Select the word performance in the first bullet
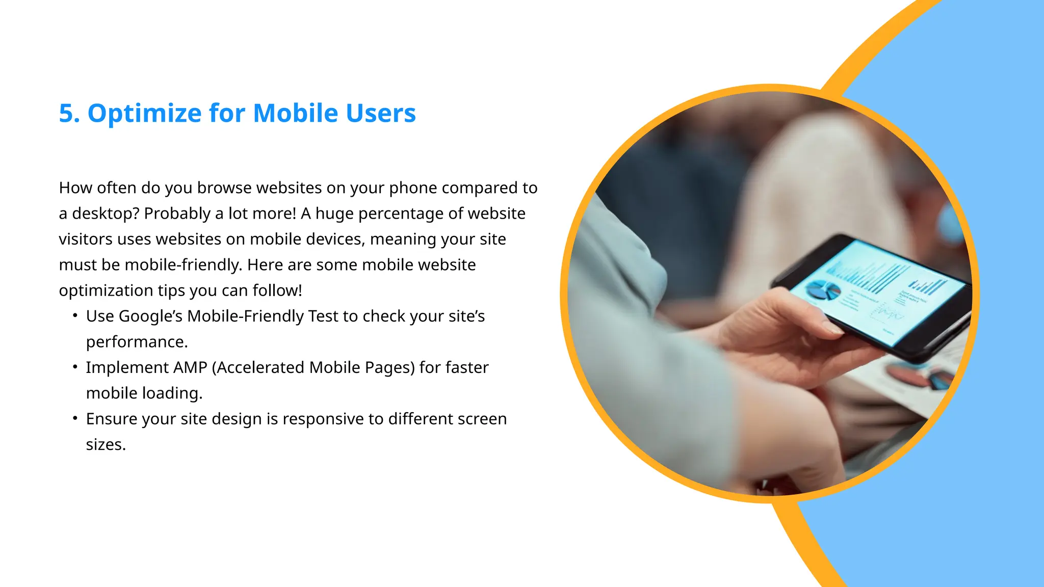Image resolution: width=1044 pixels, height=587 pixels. click(137, 342)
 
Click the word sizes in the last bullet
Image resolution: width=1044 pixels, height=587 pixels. click(106, 445)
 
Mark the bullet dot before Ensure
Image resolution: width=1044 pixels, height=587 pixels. click(75, 418)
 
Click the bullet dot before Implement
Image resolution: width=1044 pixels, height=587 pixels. click(75, 367)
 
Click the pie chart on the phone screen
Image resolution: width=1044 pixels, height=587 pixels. click(822, 290)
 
